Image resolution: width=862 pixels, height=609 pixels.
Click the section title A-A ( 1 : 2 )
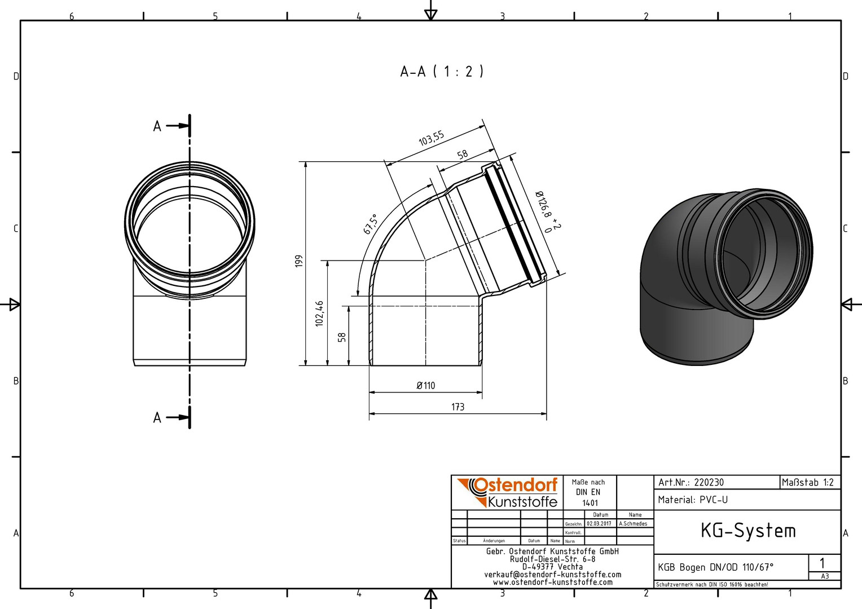442,72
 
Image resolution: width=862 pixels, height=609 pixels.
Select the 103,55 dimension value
432,139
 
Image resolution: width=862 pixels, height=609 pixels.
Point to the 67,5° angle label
370,224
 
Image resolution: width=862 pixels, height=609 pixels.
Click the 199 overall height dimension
299,261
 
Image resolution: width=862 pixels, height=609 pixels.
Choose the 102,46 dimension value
319,314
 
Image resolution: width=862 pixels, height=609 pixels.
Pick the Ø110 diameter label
425,385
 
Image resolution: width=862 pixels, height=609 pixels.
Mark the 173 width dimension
458,407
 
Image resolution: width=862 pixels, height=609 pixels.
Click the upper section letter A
157,126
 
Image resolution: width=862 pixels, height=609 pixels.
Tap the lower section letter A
157,417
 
